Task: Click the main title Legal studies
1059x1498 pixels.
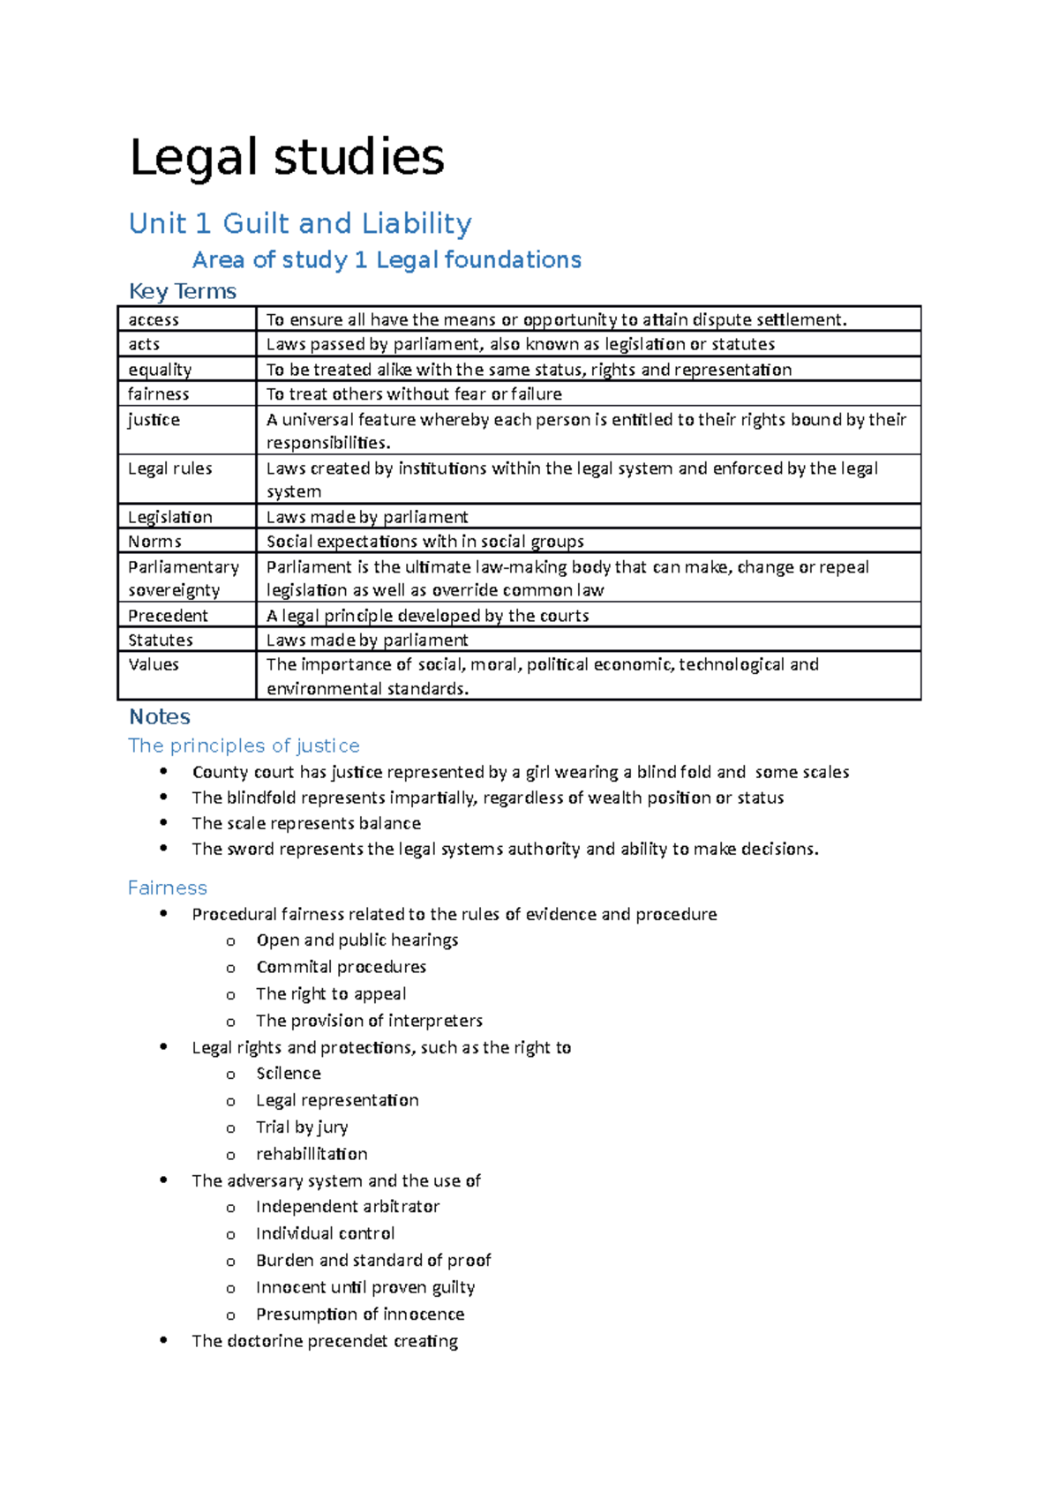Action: tap(287, 157)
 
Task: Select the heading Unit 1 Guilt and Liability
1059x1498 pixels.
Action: tap(300, 223)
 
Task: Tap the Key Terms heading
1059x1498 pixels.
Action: tap(183, 291)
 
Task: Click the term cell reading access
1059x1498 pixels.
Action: tap(154, 319)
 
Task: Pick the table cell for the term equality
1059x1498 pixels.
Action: tap(160, 370)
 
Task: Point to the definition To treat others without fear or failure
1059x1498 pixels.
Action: tap(414, 394)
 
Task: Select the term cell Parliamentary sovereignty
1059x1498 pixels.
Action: tap(183, 578)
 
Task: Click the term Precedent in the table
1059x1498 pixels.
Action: tap(168, 616)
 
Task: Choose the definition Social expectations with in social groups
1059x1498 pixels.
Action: tap(424, 542)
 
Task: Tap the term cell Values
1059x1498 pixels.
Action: tap(154, 664)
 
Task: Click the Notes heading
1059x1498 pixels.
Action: tap(160, 716)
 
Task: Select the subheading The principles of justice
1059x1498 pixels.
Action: tap(244, 745)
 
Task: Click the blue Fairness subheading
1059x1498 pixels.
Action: tap(168, 888)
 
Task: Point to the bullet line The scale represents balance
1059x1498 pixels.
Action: tap(306, 823)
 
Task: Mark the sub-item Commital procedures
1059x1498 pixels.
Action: tap(341, 967)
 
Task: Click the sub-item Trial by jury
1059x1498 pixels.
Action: tap(302, 1127)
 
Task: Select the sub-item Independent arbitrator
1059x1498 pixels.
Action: tap(348, 1206)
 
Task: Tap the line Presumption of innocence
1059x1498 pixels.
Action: tap(360, 1314)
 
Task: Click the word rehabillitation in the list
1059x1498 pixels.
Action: tap(312, 1154)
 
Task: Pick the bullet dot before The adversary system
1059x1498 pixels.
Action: tap(163, 1180)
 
